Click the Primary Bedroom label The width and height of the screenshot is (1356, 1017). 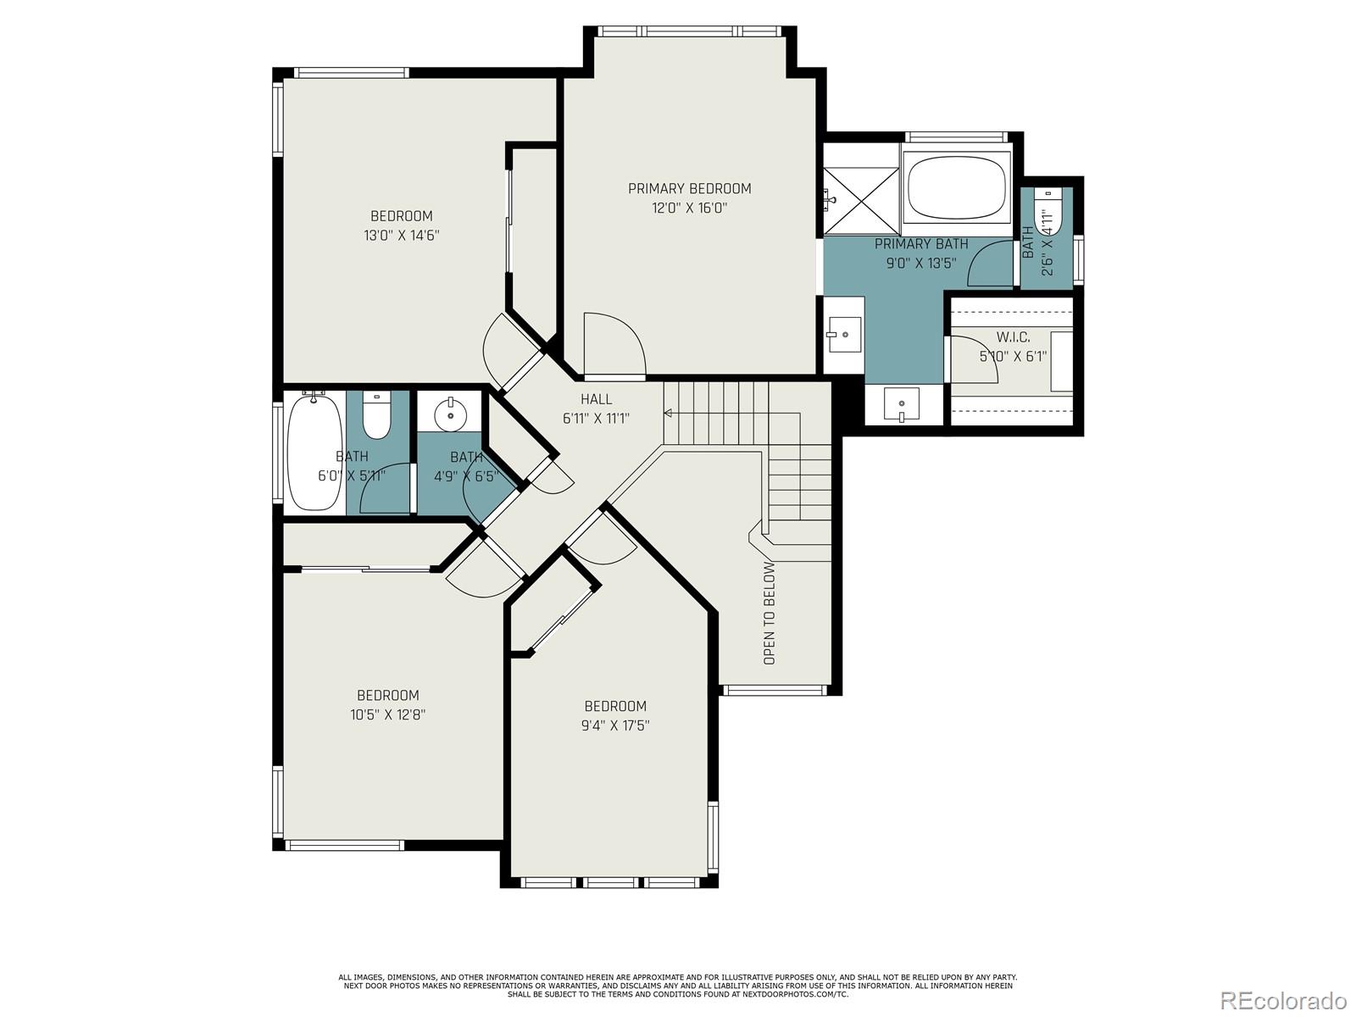[689, 188]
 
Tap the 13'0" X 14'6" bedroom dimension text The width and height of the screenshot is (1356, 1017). [402, 236]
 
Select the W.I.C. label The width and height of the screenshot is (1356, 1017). [1013, 337]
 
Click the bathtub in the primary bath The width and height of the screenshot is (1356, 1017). [956, 187]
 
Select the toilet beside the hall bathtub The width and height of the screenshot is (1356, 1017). [377, 414]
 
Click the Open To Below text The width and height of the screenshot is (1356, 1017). [770, 613]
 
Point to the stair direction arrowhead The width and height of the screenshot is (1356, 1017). [668, 413]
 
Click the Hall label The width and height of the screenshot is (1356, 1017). [596, 399]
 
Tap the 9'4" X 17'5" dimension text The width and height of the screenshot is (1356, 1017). [615, 725]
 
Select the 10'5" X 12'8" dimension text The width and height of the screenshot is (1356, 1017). [388, 714]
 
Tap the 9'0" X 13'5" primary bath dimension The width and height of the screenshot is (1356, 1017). [922, 263]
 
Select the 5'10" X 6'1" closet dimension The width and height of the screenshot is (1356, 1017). [1013, 356]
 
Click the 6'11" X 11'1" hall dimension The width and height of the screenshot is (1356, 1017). [596, 419]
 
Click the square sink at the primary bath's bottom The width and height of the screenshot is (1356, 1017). [902, 404]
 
